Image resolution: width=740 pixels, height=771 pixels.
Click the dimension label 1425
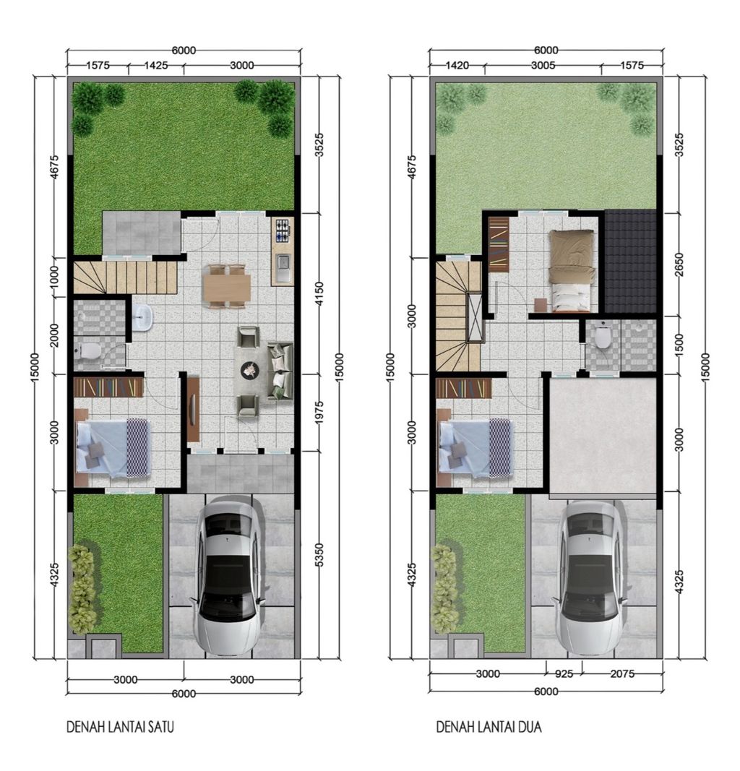tap(155, 65)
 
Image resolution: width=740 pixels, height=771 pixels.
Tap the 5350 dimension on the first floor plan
tap(319, 556)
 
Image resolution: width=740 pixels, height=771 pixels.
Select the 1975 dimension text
tap(319, 413)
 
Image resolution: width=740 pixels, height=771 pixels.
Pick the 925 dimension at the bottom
tap(564, 675)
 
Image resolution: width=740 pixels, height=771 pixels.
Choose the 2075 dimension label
tap(621, 675)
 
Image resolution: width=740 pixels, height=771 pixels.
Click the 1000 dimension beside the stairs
tap(53, 277)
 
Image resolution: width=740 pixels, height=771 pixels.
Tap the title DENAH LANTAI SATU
tap(120, 726)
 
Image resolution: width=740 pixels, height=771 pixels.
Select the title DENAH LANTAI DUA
tap(489, 726)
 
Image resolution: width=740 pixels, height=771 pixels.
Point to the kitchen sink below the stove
tap(282, 267)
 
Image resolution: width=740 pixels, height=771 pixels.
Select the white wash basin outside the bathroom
tap(143, 316)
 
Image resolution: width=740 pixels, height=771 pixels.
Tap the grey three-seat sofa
tap(280, 371)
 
